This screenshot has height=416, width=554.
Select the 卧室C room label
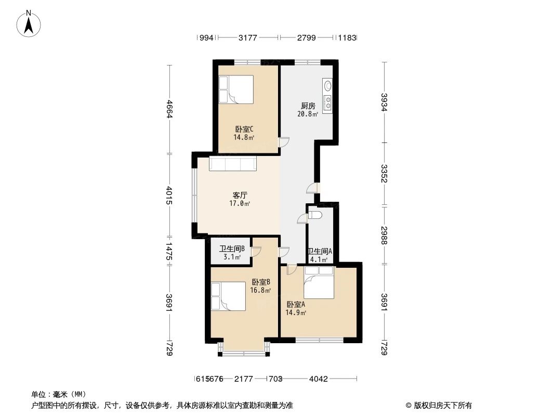point(244,129)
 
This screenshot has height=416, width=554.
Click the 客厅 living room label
point(240,196)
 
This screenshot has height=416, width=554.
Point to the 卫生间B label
point(232,249)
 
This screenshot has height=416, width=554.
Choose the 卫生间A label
point(320,251)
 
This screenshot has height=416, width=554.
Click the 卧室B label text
point(260,282)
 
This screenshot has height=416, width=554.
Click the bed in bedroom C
point(235,90)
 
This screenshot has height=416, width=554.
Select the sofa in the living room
point(232,164)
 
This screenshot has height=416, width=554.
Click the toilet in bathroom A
point(315,215)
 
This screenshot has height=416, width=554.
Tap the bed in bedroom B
point(228,296)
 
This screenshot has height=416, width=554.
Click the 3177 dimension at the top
point(248,38)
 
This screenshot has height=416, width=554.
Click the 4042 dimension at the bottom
point(319,379)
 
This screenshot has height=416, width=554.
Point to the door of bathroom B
point(256,251)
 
